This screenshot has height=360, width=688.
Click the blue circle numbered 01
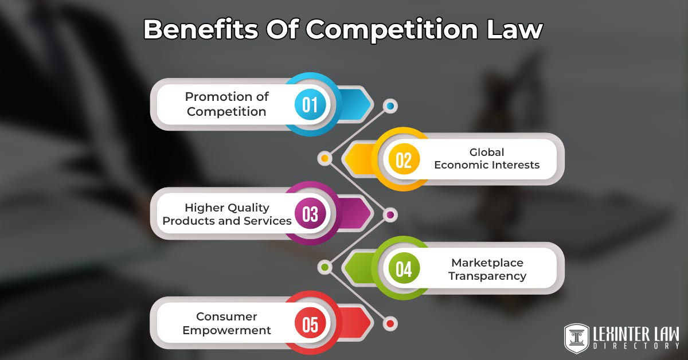(310, 105)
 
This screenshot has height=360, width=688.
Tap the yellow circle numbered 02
(404, 159)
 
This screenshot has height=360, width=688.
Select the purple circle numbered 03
(310, 214)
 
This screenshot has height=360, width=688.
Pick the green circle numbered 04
(404, 268)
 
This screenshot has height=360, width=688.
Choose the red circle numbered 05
(310, 323)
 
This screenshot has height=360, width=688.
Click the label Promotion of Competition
(227, 104)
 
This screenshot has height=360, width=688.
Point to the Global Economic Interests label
(487, 159)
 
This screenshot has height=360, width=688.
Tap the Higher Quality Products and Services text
(227, 214)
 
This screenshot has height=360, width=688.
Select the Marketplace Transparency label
(487, 269)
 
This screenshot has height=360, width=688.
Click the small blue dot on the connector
(390, 106)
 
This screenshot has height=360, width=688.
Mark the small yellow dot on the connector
(325, 158)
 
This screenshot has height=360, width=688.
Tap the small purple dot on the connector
(390, 215)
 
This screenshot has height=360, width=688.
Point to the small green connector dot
(325, 267)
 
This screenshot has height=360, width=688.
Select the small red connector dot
(390, 324)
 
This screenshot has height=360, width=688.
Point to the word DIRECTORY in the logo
(636, 346)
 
